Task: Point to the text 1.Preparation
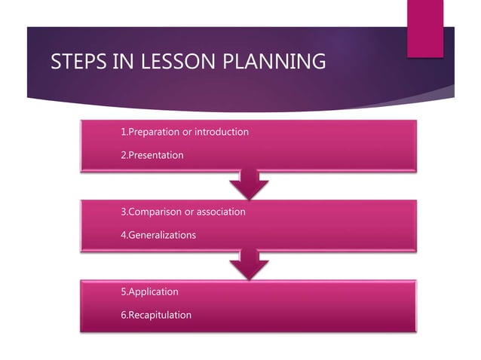pyautogui.click(x=150, y=133)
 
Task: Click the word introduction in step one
pyautogui.click(x=222, y=133)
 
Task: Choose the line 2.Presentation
pyautogui.click(x=152, y=155)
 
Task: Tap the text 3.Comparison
pyautogui.click(x=152, y=212)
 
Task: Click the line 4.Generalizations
pyautogui.click(x=158, y=235)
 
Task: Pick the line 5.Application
pyautogui.click(x=149, y=291)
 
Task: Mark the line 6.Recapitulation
pyautogui.click(x=155, y=315)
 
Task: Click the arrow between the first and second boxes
pyautogui.click(x=248, y=184)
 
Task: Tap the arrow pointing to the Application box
pyautogui.click(x=248, y=264)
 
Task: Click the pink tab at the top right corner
pyautogui.click(x=425, y=29)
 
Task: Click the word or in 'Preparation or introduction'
pyautogui.click(x=187, y=133)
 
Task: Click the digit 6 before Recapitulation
pyautogui.click(x=124, y=315)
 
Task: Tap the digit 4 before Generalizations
pyautogui.click(x=124, y=235)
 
